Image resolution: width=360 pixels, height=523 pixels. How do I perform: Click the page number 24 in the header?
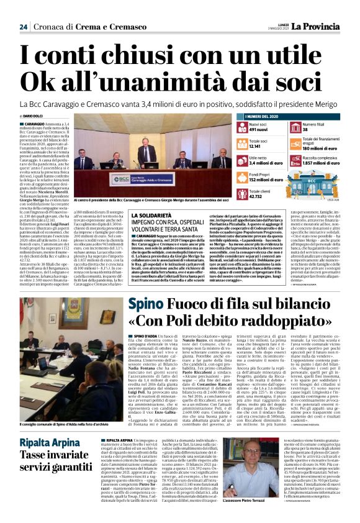coord(23,27)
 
